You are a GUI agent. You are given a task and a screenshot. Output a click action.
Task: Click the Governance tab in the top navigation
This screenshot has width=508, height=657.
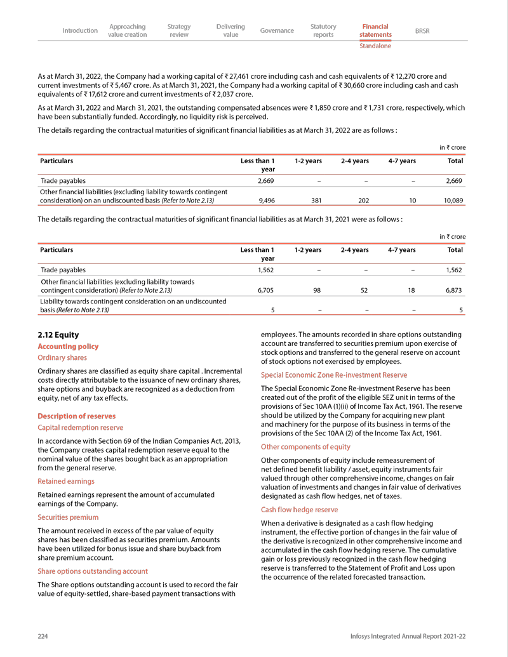pos(277,30)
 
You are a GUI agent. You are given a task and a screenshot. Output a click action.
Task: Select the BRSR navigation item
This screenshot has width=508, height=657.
pos(422,30)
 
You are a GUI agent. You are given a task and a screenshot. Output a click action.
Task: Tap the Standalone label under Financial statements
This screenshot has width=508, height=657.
pos(375,46)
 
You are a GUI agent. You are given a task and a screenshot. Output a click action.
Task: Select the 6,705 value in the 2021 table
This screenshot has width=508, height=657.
pos(265,290)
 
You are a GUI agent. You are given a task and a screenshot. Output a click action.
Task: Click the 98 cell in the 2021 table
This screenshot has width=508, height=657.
pos(318,290)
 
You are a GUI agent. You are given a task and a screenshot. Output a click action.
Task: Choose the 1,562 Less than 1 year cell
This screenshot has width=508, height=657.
pos(265,270)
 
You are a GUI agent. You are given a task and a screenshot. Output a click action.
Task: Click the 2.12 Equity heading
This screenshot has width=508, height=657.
pos(58,335)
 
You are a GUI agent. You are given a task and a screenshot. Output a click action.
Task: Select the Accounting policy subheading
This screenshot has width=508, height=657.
pos(68,347)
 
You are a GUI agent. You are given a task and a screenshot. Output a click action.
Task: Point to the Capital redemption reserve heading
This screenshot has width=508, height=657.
pos(81,428)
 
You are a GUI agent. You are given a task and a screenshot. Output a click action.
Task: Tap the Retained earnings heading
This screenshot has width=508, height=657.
pos(66,482)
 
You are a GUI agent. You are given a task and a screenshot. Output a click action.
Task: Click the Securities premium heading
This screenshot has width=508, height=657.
pos(68,517)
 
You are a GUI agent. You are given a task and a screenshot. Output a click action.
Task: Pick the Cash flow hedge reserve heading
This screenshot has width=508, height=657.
pos(299,510)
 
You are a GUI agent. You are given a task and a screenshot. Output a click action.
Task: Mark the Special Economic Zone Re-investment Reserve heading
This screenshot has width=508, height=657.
pos(334,375)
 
